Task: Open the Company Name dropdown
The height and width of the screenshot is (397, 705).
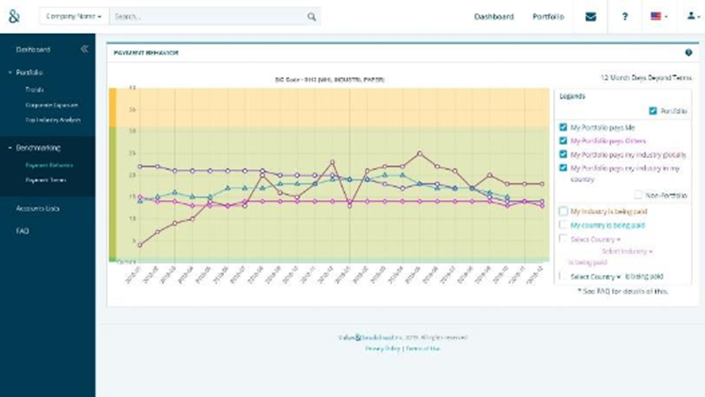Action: (x=74, y=17)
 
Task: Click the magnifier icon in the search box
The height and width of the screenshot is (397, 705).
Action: (x=312, y=17)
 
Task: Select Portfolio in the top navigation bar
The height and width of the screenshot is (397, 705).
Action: (x=548, y=17)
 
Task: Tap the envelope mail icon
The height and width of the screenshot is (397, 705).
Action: (x=590, y=17)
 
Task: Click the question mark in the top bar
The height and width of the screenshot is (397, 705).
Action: (x=625, y=17)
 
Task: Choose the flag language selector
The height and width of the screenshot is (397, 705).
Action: (x=658, y=17)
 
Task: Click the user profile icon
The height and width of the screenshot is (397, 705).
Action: (x=692, y=17)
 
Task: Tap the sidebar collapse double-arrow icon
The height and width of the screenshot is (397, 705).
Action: (x=84, y=49)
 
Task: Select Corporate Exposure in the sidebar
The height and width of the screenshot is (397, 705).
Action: (x=51, y=105)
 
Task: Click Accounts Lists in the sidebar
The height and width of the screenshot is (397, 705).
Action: (x=38, y=208)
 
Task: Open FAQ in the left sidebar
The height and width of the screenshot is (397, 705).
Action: (x=22, y=231)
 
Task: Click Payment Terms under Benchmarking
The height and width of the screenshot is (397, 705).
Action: (x=45, y=180)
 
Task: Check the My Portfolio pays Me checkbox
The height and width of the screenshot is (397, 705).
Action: (x=563, y=127)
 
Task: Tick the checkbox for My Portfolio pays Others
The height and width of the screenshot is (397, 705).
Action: (x=563, y=141)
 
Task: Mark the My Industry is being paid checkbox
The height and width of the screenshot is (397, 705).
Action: (x=563, y=211)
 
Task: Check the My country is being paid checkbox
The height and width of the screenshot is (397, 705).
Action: (x=563, y=225)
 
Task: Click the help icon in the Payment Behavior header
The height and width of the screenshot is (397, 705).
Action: (x=689, y=53)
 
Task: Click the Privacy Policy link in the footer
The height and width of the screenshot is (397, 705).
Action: (x=383, y=348)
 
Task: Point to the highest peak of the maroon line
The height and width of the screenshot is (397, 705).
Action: (x=419, y=154)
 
